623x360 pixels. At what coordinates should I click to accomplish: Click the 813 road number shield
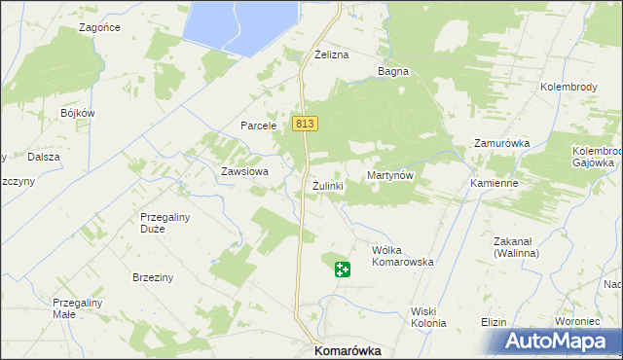coord(304,124)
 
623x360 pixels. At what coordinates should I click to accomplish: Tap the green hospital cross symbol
coord(342,269)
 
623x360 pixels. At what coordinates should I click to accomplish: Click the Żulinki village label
coord(328,185)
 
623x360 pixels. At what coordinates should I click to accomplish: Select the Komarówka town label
coord(346,350)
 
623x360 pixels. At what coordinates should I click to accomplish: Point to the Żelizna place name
coord(331,55)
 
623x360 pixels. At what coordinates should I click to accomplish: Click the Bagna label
coord(393,71)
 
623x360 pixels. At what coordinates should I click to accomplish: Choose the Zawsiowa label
coord(238,171)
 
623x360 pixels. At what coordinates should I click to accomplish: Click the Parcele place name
coord(260,126)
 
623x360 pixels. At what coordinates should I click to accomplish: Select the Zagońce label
coord(100,28)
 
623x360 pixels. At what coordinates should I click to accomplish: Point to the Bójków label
coord(77,113)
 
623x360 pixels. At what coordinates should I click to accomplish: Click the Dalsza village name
coord(44,157)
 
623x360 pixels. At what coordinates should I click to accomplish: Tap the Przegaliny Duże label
coord(165,224)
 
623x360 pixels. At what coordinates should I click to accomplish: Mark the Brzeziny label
coord(153,277)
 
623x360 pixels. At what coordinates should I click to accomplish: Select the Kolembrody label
coord(568,87)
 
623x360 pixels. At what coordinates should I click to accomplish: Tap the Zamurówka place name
coord(501,143)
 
